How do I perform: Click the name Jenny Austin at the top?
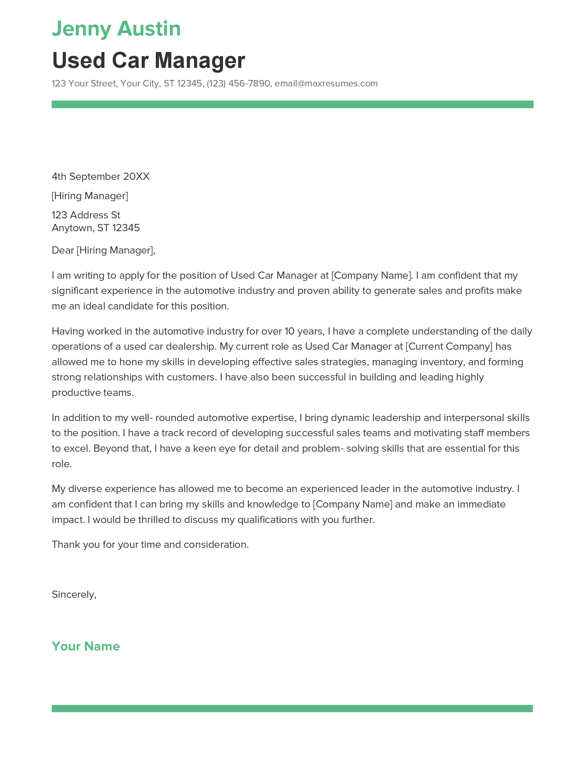(116, 29)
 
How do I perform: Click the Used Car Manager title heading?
(148, 60)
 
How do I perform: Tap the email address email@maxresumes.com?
(326, 83)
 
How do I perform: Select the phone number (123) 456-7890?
(238, 83)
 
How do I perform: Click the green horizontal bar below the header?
(292, 104)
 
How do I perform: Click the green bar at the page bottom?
(292, 708)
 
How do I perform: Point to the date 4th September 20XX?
(100, 177)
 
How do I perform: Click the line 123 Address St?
(86, 215)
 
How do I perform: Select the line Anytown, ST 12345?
(95, 228)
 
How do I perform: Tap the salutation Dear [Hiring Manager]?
(103, 250)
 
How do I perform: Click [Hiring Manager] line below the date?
(90, 196)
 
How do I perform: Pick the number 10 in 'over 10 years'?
(289, 331)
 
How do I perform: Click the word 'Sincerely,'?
(74, 595)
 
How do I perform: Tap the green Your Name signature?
(85, 646)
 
